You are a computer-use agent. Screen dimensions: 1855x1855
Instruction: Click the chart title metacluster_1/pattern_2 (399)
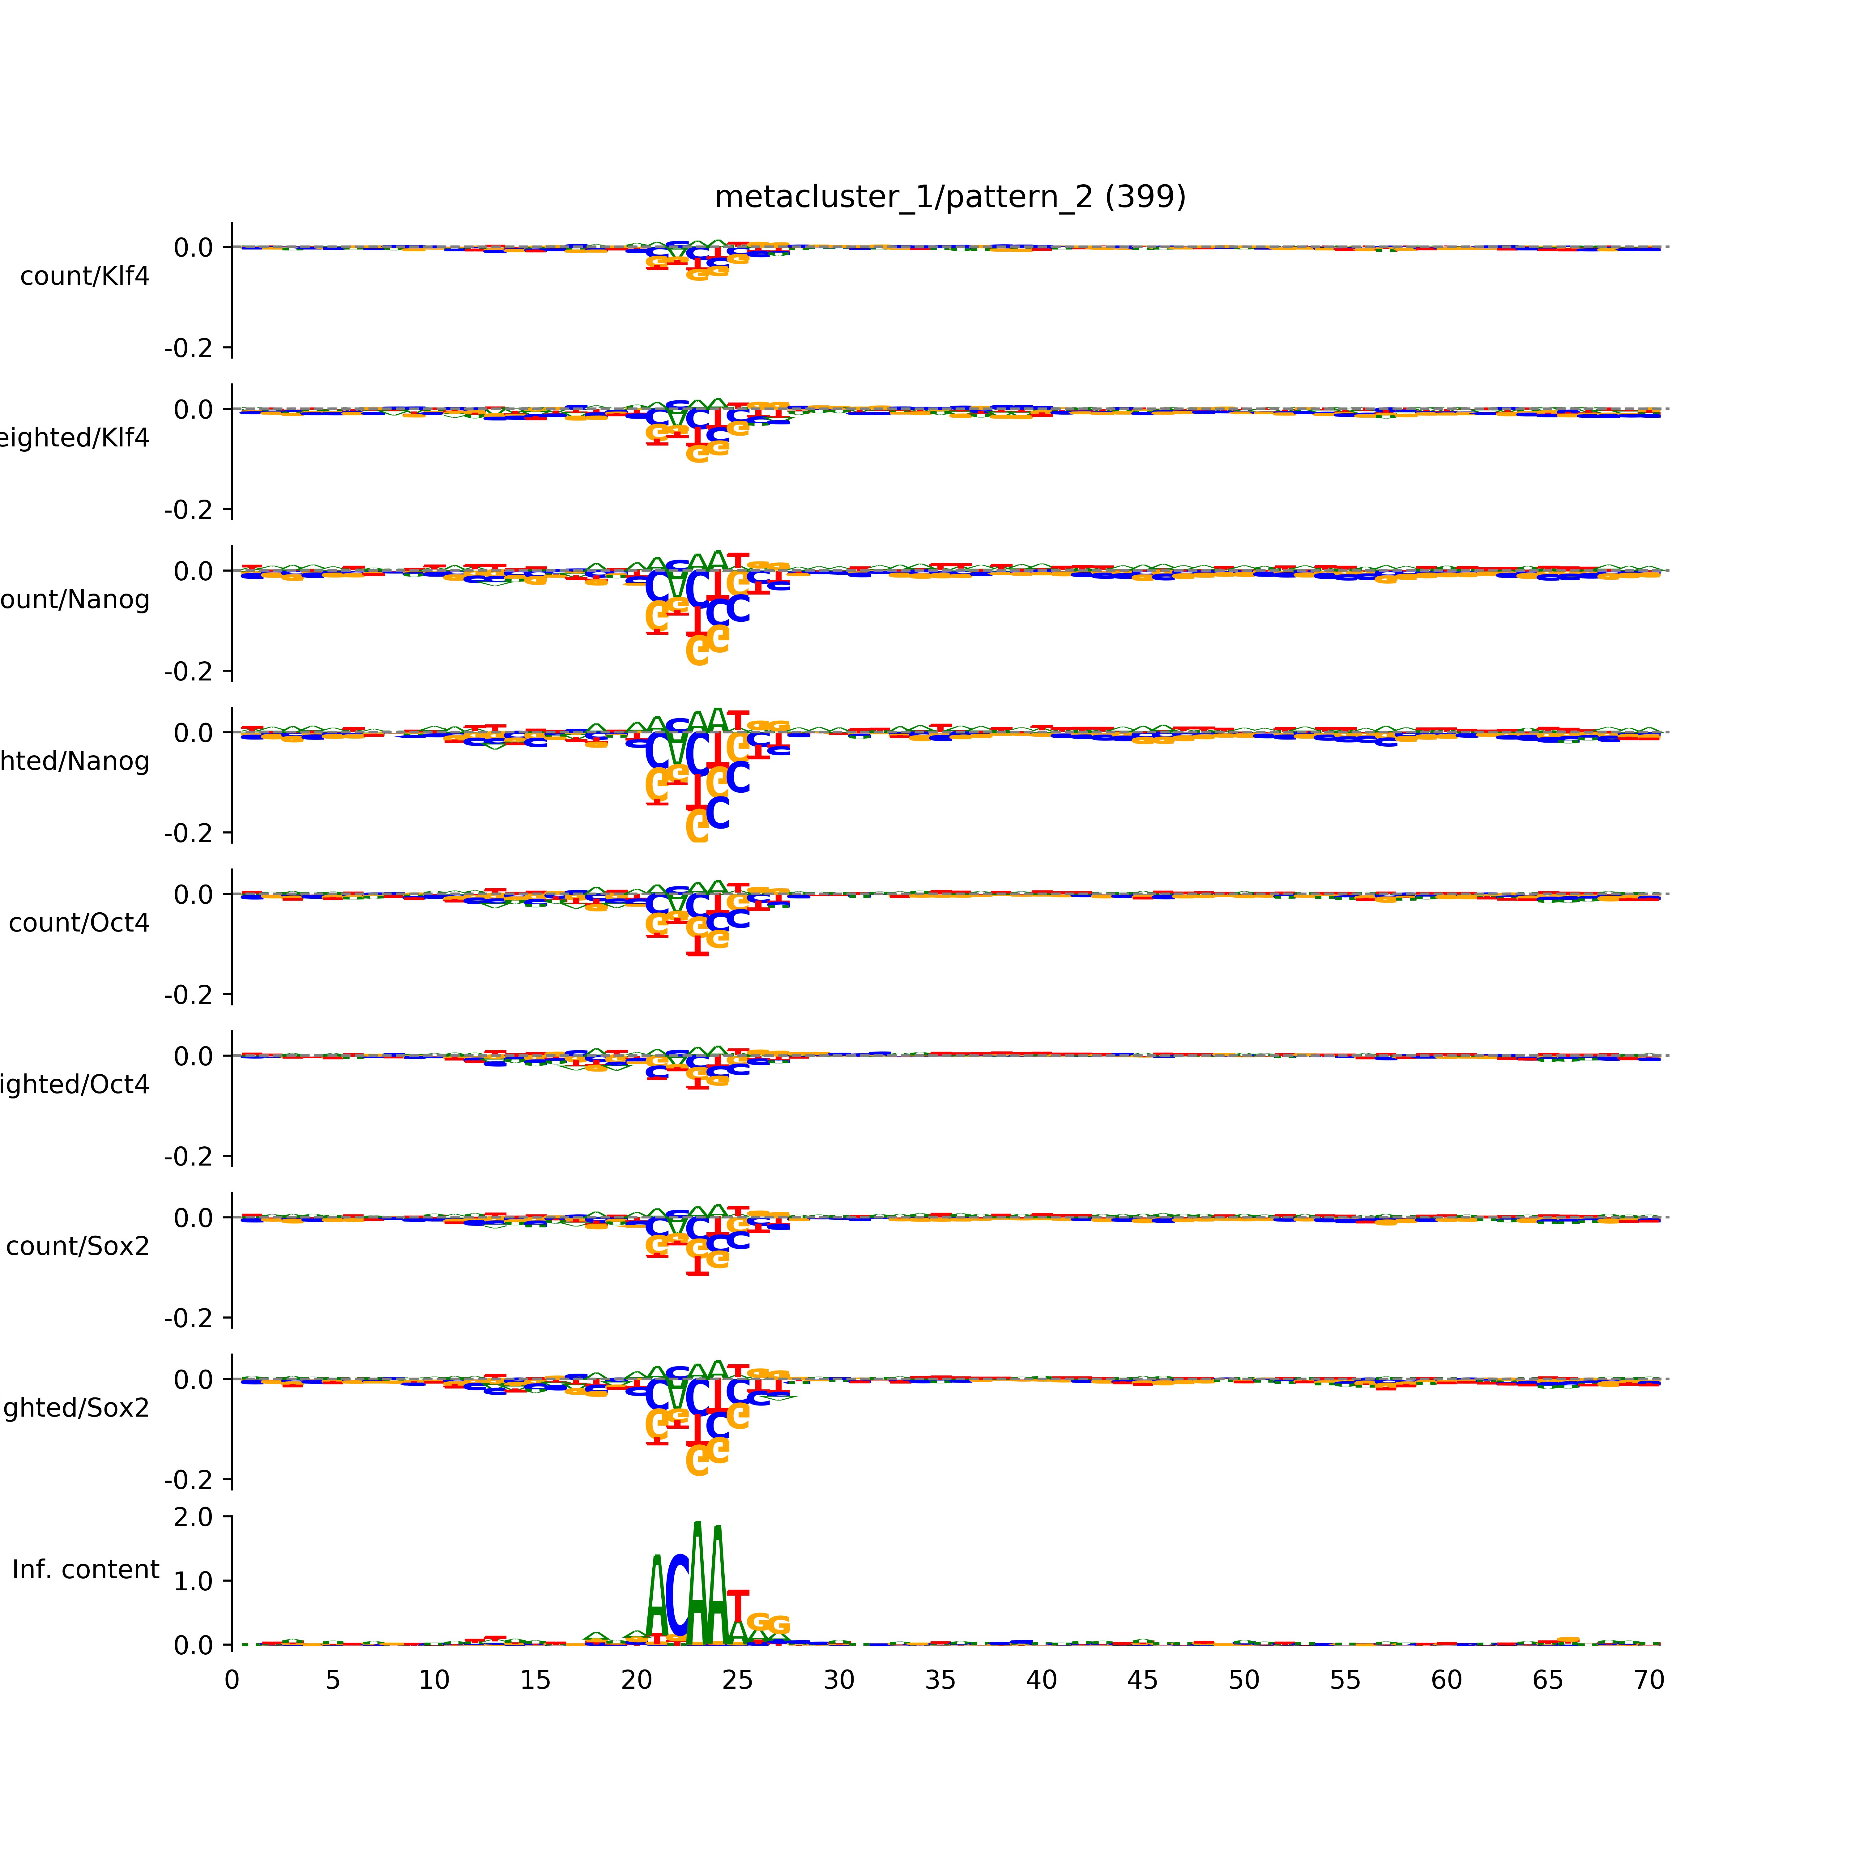(x=949, y=197)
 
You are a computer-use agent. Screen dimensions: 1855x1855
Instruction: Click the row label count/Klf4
(x=84, y=276)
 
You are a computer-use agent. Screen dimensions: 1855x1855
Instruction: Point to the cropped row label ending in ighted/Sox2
(x=75, y=1409)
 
